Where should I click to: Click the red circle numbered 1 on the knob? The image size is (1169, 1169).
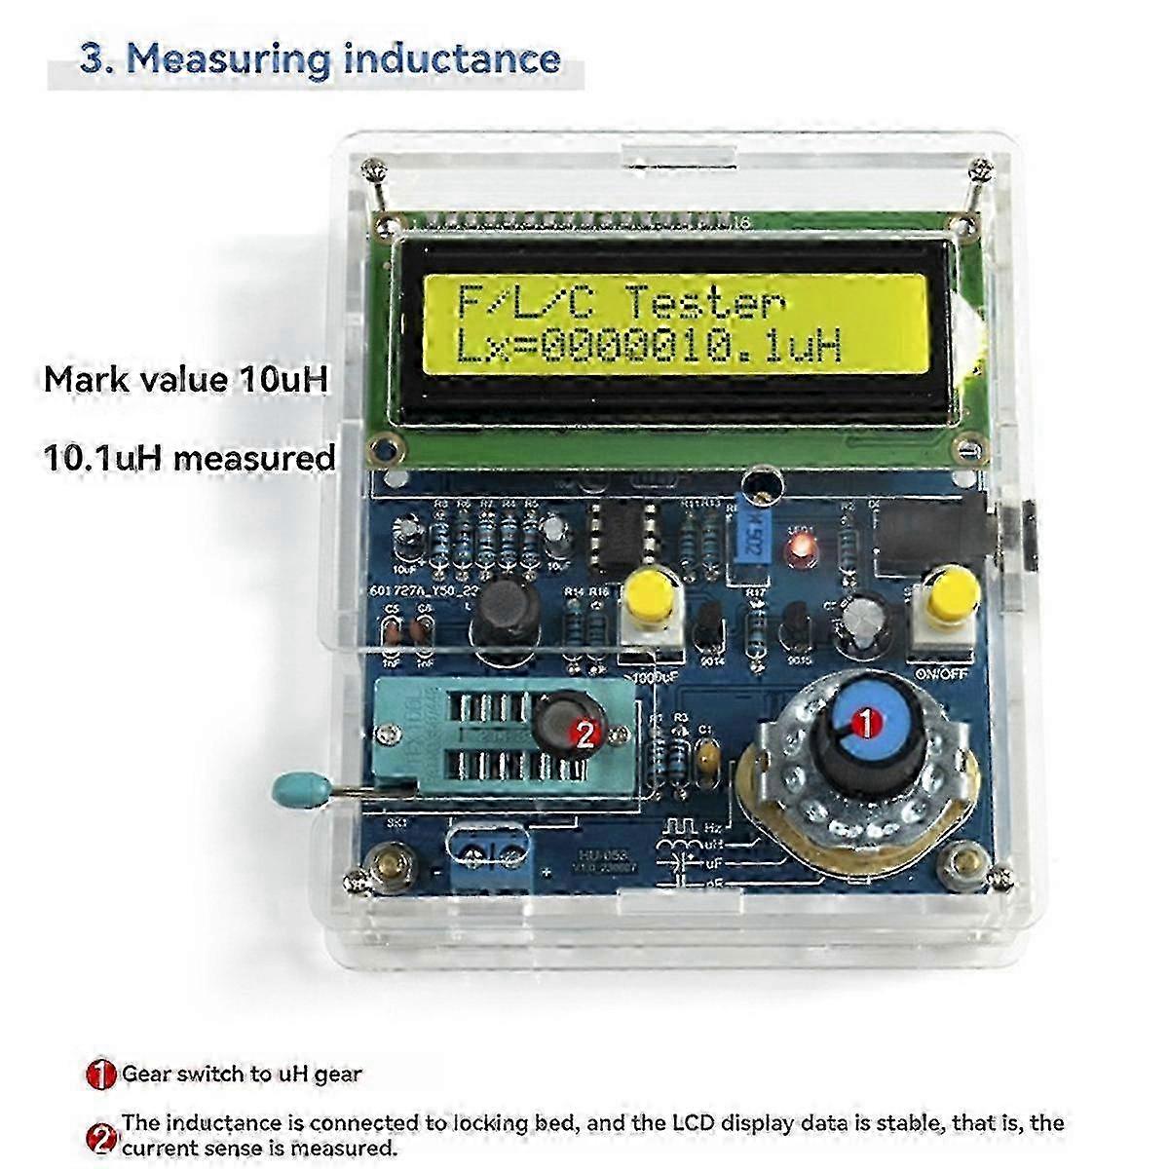pyautogui.click(x=864, y=723)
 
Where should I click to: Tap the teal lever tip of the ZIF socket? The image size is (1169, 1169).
pyautogui.click(x=291, y=784)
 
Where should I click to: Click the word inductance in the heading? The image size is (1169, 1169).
pyautogui.click(x=452, y=57)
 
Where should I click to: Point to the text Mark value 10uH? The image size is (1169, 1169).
pyautogui.click(x=185, y=379)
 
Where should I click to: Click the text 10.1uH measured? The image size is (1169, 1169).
pyautogui.click(x=190, y=456)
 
